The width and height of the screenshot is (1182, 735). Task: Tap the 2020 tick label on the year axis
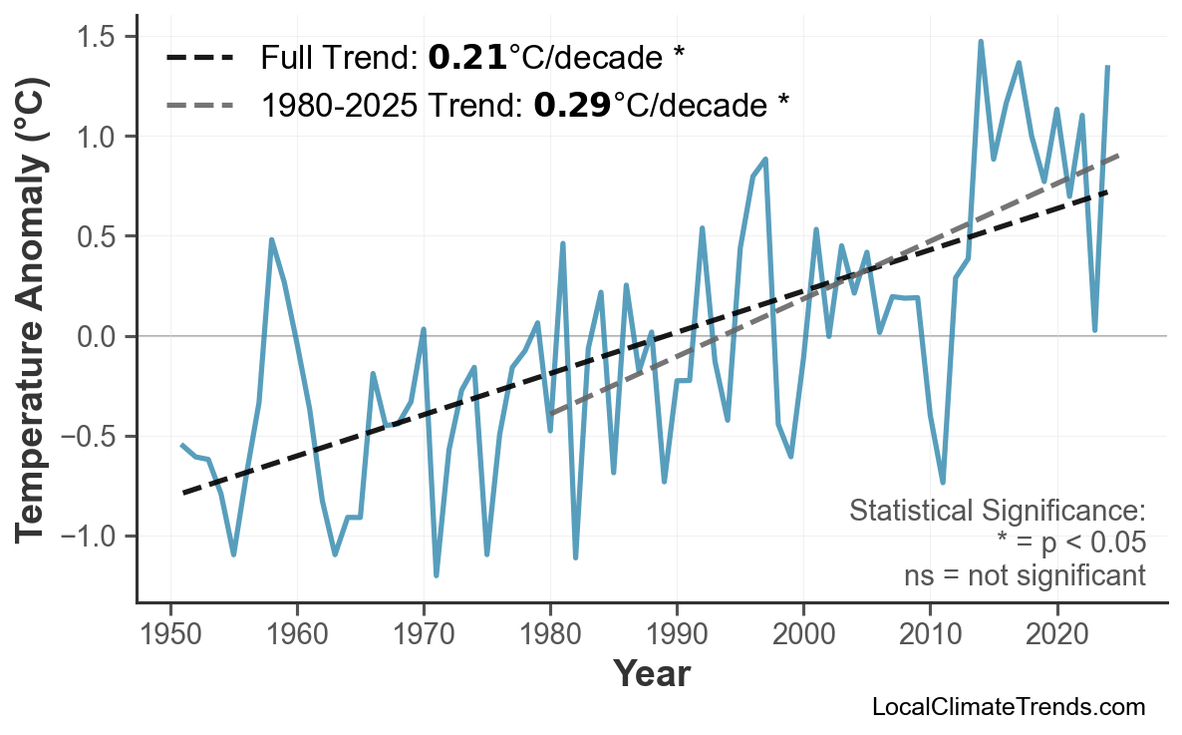(1056, 635)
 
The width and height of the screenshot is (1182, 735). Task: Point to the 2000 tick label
(803, 635)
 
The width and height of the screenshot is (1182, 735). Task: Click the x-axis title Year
(651, 674)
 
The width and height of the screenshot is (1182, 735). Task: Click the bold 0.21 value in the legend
(467, 58)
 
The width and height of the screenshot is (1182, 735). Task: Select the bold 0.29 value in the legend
(572, 104)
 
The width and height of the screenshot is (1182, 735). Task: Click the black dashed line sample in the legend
(199, 58)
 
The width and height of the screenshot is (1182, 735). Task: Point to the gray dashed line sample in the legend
(199, 104)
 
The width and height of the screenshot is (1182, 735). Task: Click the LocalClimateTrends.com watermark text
(1008, 707)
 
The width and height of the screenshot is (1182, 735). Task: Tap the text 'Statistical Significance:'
(997, 511)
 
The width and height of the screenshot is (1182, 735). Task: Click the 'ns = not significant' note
(1024, 574)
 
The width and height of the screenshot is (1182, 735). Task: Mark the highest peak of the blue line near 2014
(981, 41)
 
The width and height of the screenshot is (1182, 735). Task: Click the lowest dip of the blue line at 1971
(437, 575)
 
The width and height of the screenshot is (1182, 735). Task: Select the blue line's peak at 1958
(271, 239)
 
